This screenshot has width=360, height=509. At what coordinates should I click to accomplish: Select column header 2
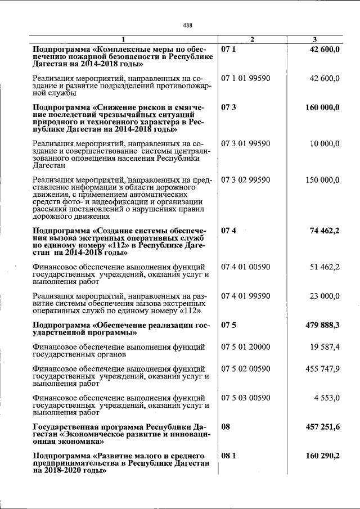coord(252,39)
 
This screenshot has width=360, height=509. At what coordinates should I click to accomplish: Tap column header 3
coord(314,39)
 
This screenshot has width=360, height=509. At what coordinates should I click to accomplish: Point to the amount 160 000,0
coord(322,107)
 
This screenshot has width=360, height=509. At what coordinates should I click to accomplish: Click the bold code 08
coord(226,427)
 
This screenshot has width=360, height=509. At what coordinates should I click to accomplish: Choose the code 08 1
coord(228,456)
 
